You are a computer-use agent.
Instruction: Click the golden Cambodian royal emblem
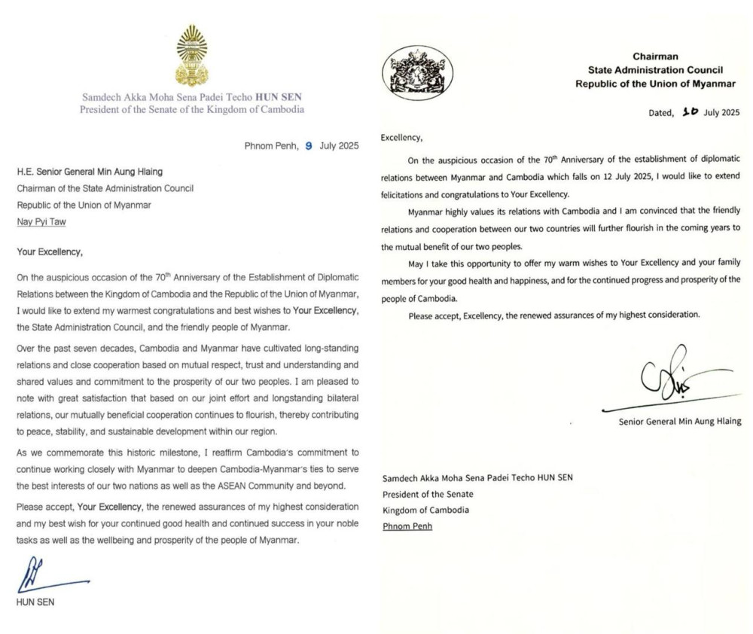click(191, 56)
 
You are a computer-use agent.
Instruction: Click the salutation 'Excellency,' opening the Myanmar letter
click(402, 139)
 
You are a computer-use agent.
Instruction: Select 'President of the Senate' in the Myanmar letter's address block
click(428, 494)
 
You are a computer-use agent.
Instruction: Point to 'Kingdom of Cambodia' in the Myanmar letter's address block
click(425, 510)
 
